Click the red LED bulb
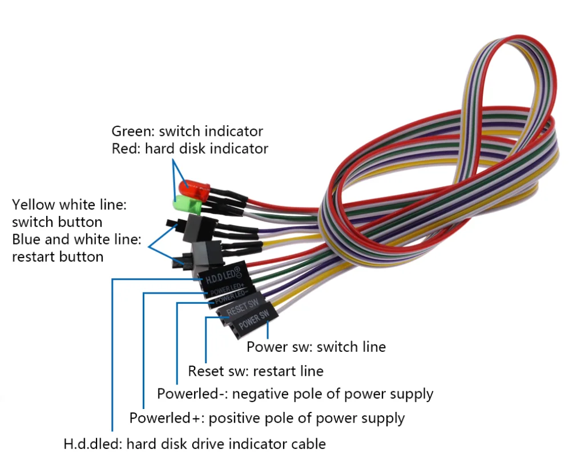pos(193,187)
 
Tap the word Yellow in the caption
pos(32,204)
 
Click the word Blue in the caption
pos(26,239)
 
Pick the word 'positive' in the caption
pos(235,418)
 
